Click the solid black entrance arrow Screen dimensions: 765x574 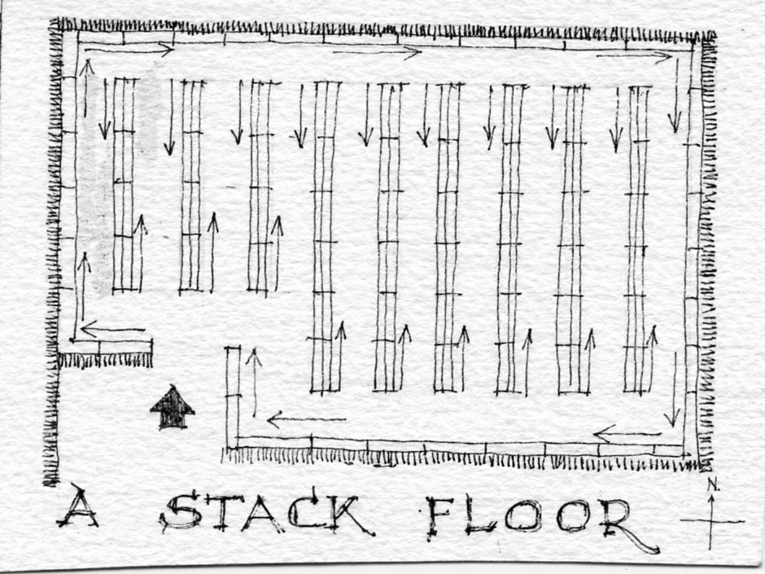point(173,408)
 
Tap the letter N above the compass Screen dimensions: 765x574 point(713,484)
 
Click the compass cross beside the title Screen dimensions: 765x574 point(711,522)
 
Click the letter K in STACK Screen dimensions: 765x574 point(349,515)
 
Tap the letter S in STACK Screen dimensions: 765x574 point(181,511)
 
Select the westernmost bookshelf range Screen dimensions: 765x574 point(124,186)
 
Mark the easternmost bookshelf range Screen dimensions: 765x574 point(636,239)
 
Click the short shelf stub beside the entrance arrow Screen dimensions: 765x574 point(233,397)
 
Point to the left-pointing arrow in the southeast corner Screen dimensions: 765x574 point(627,433)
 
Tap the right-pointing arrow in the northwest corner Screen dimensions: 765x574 point(129,50)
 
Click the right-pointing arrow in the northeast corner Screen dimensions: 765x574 point(634,56)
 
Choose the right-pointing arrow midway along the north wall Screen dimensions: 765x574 point(377,52)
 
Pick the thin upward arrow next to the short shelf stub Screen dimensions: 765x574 point(254,383)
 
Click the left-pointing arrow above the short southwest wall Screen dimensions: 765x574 point(113,329)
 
